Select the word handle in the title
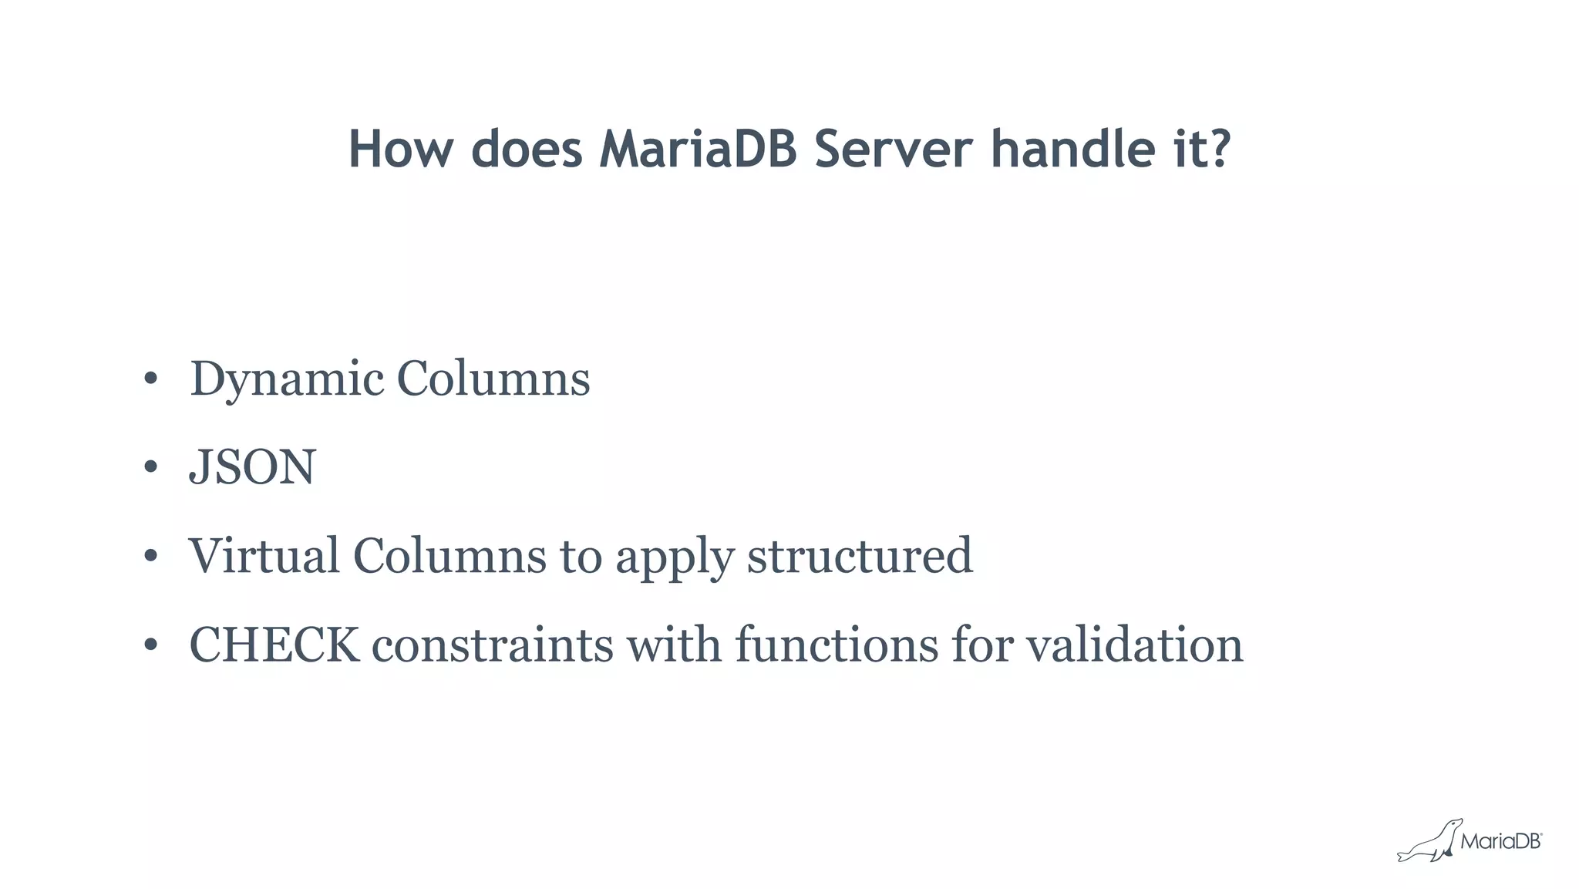(1072, 149)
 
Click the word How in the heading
(400, 149)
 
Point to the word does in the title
(527, 149)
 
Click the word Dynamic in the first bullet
(287, 379)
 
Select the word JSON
(253, 467)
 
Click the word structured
(860, 556)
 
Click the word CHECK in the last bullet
(274, 645)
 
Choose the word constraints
(493, 645)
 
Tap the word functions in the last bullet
(837, 645)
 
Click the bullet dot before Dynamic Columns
(150, 379)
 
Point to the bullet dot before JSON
(150, 467)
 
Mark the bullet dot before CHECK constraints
(150, 645)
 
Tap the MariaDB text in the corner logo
(1500, 841)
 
